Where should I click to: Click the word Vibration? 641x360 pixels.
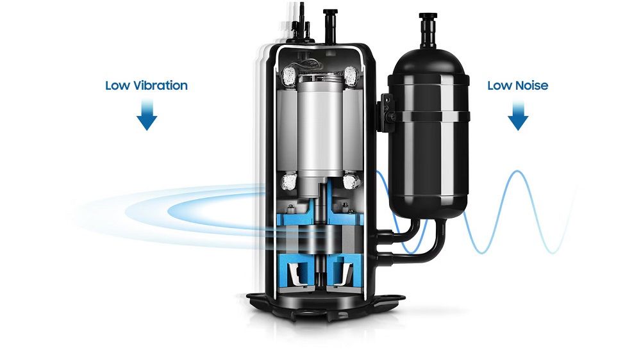pos(158,85)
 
